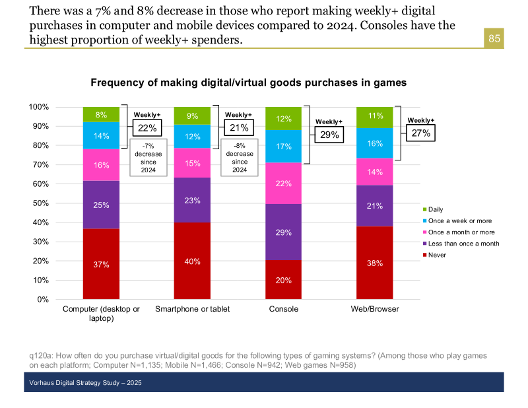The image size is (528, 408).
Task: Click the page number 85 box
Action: (494, 38)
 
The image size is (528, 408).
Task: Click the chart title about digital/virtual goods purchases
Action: (249, 83)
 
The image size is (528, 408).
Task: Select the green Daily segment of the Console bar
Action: (284, 119)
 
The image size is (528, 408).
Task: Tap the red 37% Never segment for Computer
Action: (101, 264)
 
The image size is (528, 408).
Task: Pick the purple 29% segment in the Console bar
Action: (284, 232)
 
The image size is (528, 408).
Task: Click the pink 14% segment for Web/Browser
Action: (374, 172)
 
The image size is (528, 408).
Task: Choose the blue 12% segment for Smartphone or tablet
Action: (192, 137)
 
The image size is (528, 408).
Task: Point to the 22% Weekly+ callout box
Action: (147, 128)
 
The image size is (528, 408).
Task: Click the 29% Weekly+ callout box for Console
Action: (329, 135)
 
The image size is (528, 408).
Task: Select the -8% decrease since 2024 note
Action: (240, 158)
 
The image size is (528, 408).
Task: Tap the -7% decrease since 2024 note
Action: (148, 158)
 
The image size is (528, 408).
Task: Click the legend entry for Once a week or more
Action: (457, 221)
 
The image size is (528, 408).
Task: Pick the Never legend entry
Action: (434, 255)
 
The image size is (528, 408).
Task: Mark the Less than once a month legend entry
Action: (461, 244)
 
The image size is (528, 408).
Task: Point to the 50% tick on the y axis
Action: (41, 203)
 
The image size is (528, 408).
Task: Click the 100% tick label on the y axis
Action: (39, 107)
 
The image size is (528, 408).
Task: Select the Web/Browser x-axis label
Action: (375, 309)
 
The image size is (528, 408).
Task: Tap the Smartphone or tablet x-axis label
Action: (192, 309)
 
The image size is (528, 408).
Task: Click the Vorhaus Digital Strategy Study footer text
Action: (85, 383)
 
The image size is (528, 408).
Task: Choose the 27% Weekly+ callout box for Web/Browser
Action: (420, 133)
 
